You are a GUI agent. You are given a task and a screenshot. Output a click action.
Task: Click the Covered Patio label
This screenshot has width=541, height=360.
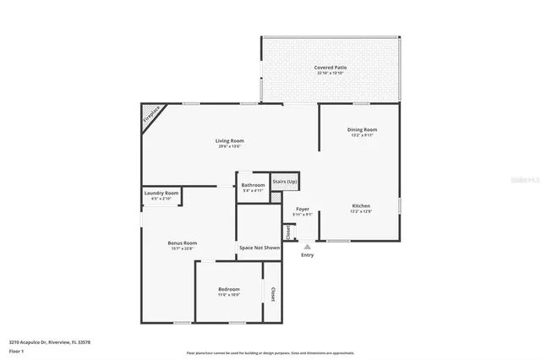(331, 67)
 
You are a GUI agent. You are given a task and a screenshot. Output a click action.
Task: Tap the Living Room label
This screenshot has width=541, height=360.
(229, 141)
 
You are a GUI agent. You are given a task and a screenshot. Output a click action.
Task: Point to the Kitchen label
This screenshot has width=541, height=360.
(361, 205)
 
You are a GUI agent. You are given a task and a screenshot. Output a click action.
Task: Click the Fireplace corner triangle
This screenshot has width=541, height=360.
(152, 114)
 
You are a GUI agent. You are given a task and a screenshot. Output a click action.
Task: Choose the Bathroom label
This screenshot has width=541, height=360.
(253, 185)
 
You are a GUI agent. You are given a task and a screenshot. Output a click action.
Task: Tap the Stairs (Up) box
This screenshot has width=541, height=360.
(285, 182)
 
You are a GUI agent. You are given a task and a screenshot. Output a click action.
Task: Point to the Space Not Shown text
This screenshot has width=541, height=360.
(259, 248)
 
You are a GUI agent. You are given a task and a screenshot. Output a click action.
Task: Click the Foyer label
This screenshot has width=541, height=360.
(302, 209)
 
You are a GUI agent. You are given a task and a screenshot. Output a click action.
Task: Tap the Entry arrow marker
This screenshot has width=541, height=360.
(307, 246)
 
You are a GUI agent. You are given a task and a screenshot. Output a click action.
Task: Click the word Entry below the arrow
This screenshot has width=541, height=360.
(307, 255)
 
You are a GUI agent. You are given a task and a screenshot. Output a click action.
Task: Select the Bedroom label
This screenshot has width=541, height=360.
(229, 289)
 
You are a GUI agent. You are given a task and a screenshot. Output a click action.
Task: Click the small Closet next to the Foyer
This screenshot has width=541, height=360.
(288, 232)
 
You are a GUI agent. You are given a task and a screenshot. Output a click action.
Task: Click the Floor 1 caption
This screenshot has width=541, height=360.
(16, 351)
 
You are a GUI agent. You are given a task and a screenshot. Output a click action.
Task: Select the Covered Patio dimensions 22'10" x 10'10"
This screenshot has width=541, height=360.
(331, 74)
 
